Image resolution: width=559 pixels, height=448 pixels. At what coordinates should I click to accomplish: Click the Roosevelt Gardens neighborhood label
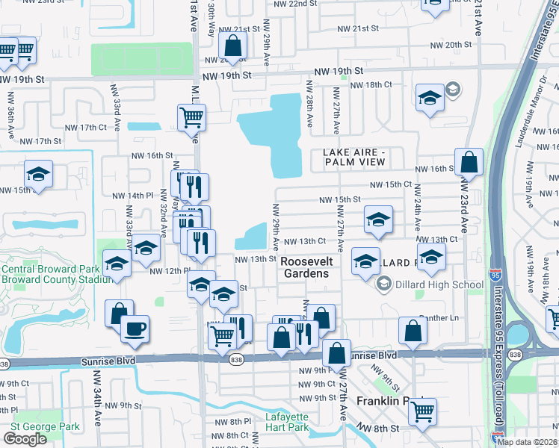pyautogui.click(x=305, y=267)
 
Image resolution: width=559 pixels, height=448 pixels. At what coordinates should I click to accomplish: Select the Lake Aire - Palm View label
pyautogui.click(x=353, y=157)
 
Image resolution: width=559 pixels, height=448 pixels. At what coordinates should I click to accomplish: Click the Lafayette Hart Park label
pyautogui.click(x=286, y=423)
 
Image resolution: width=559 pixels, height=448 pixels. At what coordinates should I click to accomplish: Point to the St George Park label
pyautogui.click(x=44, y=426)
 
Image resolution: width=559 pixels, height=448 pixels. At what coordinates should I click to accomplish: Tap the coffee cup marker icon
pyautogui.click(x=135, y=329)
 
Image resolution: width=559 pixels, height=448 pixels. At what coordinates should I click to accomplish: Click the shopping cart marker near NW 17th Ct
pyautogui.click(x=192, y=116)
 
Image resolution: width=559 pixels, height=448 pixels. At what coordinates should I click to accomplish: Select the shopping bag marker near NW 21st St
pyautogui.click(x=234, y=46)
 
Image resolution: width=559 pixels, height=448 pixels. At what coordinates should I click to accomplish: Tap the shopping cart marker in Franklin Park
pyautogui.click(x=422, y=410)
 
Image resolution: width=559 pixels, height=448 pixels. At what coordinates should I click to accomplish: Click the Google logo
pyautogui.click(x=25, y=439)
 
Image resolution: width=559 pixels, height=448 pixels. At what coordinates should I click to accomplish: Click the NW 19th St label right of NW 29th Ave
pyautogui.click(x=338, y=71)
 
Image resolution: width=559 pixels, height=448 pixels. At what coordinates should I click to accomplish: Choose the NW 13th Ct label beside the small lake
pyautogui.click(x=304, y=240)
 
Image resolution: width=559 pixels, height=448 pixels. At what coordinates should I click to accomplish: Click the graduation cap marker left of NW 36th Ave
pyautogui.click(x=38, y=175)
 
